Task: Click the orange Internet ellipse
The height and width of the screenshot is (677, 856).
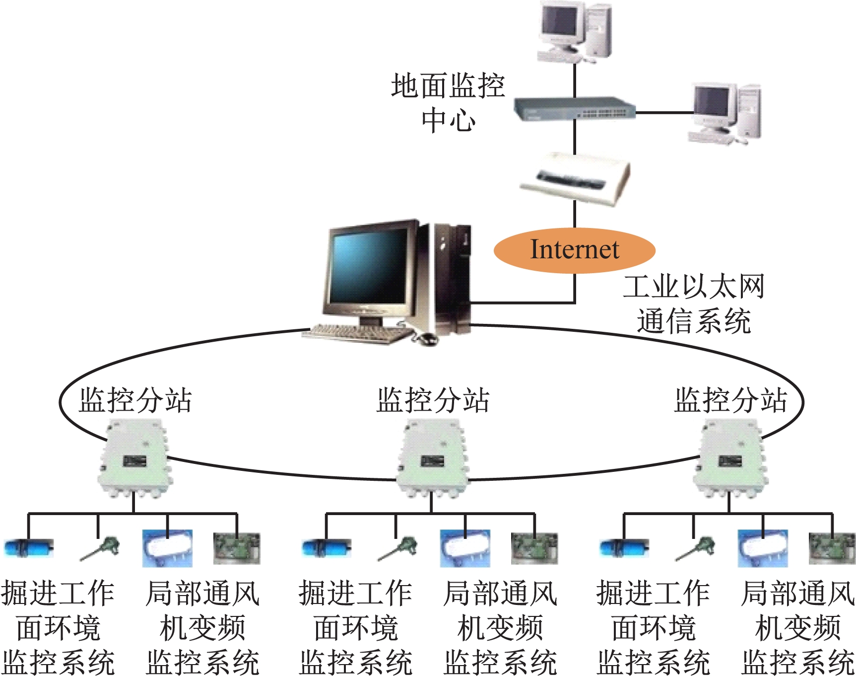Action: [574, 250]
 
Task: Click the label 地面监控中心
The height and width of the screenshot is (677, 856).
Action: [448, 103]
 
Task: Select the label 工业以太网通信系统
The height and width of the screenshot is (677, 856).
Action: [694, 303]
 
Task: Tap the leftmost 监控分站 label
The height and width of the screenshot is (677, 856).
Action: [135, 400]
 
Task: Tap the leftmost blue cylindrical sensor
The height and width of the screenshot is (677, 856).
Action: [28, 548]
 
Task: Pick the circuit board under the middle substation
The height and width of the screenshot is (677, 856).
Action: [534, 548]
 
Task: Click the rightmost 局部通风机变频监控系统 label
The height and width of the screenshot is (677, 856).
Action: [798, 628]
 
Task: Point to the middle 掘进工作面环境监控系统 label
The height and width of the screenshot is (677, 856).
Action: [356, 628]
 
